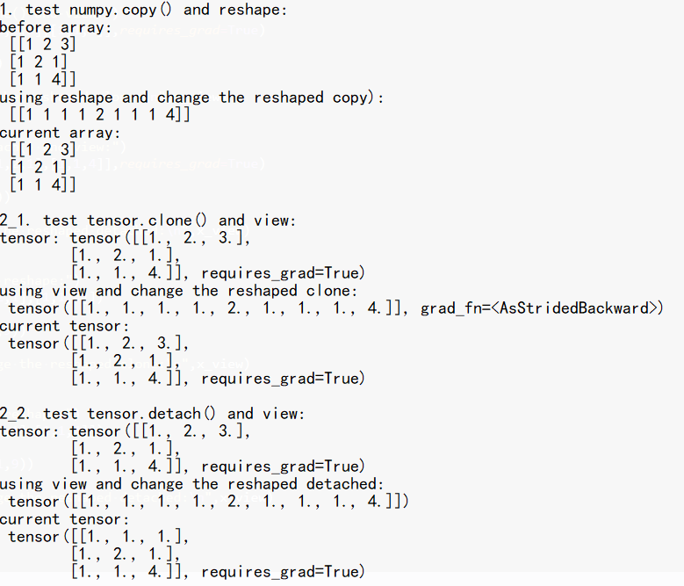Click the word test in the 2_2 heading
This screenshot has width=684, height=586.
[61, 414]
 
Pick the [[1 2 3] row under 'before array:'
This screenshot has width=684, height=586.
[43, 45]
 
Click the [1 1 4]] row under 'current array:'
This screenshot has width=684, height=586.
[43, 185]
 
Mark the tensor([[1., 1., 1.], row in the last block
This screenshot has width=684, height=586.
[98, 537]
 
